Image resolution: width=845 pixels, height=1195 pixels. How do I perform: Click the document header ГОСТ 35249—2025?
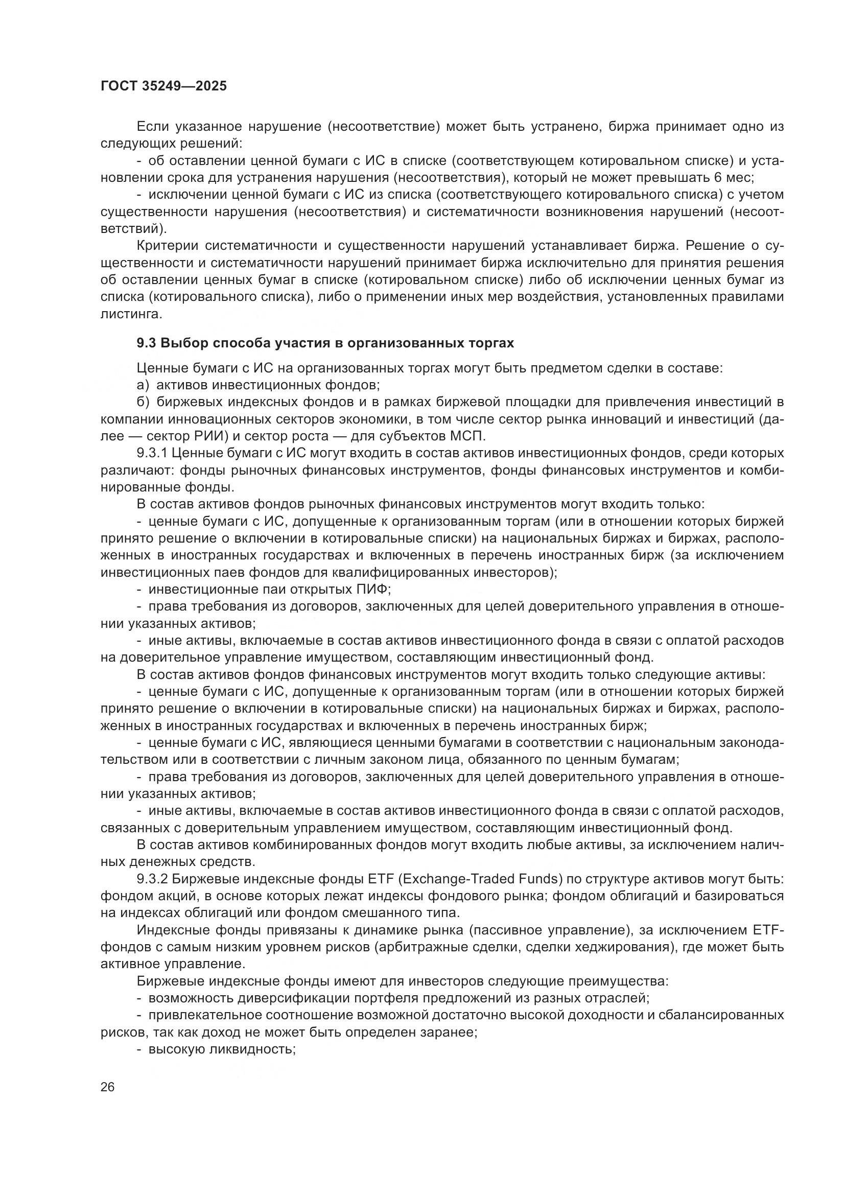click(x=163, y=86)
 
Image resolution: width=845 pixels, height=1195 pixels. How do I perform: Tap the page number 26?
click(x=108, y=1087)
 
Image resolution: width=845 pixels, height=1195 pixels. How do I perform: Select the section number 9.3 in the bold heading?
click(x=146, y=343)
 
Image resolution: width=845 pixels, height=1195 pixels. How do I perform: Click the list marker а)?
click(x=143, y=385)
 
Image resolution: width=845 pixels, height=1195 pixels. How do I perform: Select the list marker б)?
click(x=143, y=402)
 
